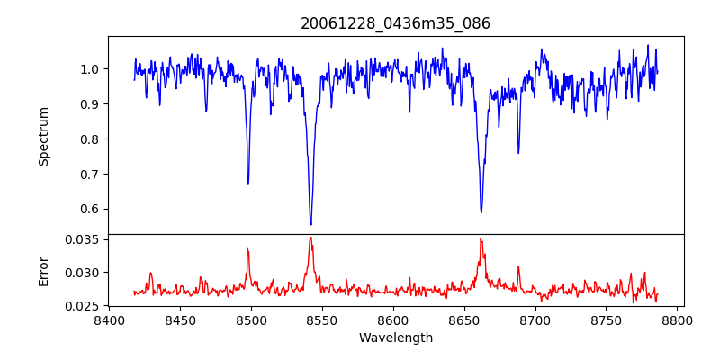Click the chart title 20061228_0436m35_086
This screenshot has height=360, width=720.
point(395,23)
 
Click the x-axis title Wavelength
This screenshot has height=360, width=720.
point(395,337)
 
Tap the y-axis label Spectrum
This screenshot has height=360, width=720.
point(43,136)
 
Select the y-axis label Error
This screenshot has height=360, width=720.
point(43,270)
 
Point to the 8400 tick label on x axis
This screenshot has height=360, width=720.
point(109,319)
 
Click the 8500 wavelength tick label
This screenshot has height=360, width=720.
point(251,319)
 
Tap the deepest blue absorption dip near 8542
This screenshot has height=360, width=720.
point(311,224)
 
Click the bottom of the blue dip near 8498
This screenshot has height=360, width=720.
point(248,184)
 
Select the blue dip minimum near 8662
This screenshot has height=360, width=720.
point(481,212)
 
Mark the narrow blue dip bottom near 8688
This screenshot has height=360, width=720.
point(518,153)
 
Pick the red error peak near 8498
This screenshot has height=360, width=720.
point(248,248)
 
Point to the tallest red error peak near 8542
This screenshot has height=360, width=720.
point(310,238)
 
